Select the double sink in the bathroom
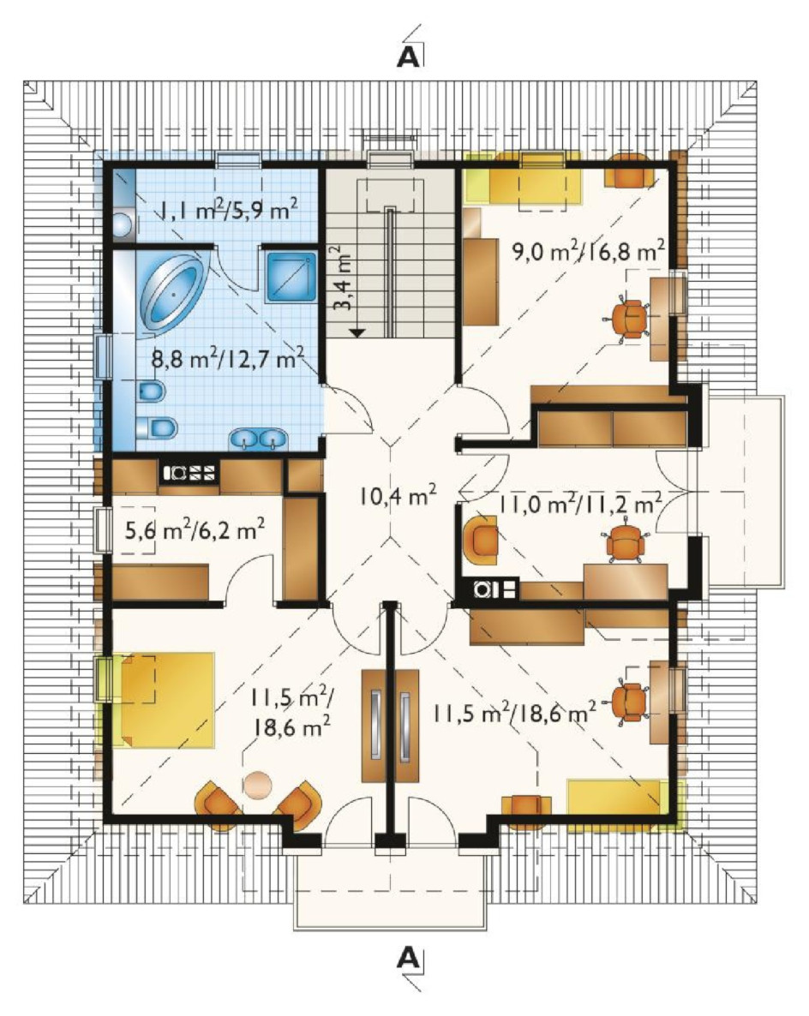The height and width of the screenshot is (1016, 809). [x=259, y=439]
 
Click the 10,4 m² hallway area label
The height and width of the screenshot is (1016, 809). [x=398, y=496]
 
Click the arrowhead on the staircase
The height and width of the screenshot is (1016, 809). [x=357, y=332]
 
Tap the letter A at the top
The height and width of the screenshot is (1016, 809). [x=407, y=57]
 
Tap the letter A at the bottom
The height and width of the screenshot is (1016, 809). [x=407, y=959]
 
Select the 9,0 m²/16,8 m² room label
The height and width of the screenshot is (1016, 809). [x=588, y=251]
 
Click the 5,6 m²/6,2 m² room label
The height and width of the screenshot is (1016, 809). [x=195, y=531]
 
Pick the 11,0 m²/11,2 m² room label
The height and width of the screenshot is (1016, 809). [x=580, y=503]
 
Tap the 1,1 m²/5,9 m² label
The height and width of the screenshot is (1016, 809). [x=228, y=210]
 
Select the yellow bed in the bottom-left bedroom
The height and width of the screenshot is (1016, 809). [x=164, y=700]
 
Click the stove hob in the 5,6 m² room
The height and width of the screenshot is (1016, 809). [x=189, y=473]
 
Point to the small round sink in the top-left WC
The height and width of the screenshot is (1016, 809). [x=122, y=224]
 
